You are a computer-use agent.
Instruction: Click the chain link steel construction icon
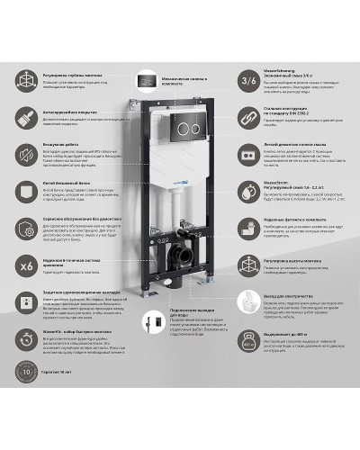click(248, 118)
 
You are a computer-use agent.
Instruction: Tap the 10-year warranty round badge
click(28, 421)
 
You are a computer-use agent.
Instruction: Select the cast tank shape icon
click(28, 192)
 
